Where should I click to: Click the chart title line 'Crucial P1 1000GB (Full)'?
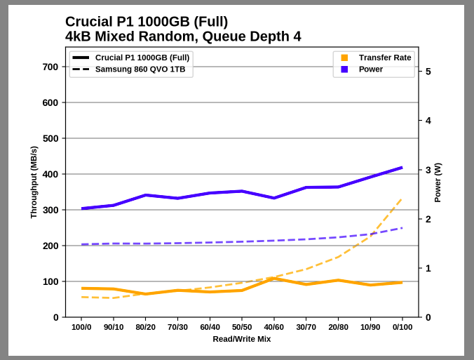(146, 22)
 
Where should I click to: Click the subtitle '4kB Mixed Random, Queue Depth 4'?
(182, 36)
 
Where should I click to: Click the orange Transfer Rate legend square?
(344, 58)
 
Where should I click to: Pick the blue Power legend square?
(344, 69)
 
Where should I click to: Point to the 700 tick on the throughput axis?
(50, 67)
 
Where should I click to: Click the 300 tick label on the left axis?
(50, 210)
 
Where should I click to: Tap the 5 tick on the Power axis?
(428, 72)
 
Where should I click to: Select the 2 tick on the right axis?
(428, 219)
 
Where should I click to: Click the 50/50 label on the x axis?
(242, 327)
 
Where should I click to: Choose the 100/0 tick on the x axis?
(81, 327)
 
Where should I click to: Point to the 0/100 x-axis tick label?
(402, 327)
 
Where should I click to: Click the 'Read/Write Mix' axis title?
(242, 339)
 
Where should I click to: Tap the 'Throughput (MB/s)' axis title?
(34, 182)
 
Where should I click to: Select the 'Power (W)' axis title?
(438, 182)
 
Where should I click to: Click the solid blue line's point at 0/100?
(402, 168)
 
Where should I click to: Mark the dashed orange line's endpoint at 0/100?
(402, 199)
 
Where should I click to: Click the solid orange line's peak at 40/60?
(274, 279)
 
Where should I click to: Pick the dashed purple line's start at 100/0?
(82, 244)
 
